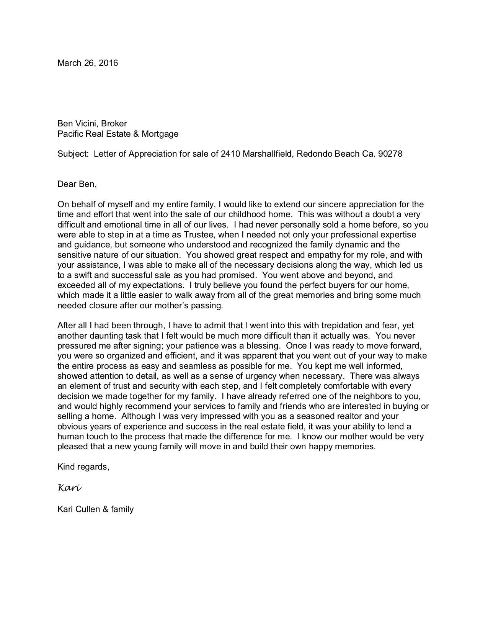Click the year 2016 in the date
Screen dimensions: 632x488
pos(108,63)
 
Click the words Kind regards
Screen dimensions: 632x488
pos(83,467)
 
